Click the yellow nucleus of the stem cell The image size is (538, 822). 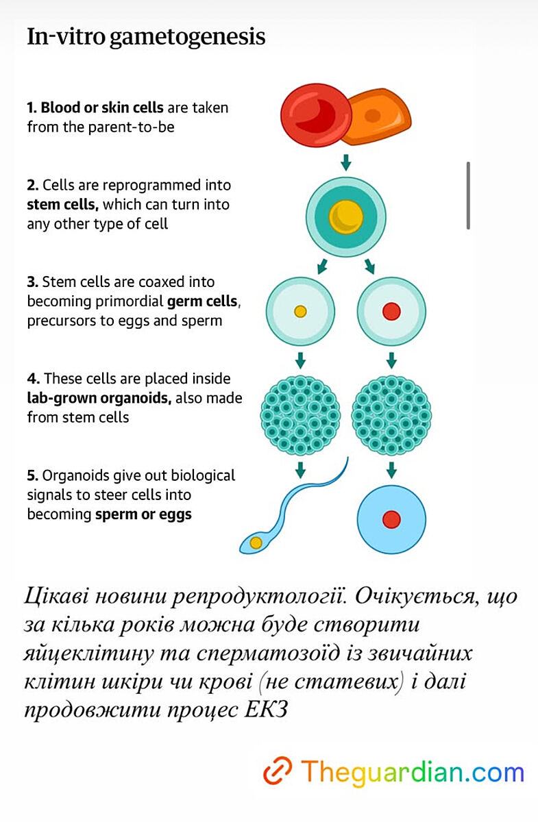(345, 217)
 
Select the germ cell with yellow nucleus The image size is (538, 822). (300, 311)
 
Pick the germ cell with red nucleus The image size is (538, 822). (391, 311)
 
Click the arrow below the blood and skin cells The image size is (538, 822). (346, 162)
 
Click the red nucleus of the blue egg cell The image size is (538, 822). (391, 519)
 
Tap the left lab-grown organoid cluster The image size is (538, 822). (300, 415)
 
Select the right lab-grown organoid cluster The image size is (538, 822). (391, 415)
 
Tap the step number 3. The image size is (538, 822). (32, 282)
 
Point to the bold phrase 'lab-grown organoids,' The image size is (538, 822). (99, 398)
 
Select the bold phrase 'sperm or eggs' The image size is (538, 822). (143, 514)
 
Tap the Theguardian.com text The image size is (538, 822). (412, 771)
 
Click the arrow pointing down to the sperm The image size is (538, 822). (300, 470)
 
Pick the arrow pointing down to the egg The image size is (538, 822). (391, 470)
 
